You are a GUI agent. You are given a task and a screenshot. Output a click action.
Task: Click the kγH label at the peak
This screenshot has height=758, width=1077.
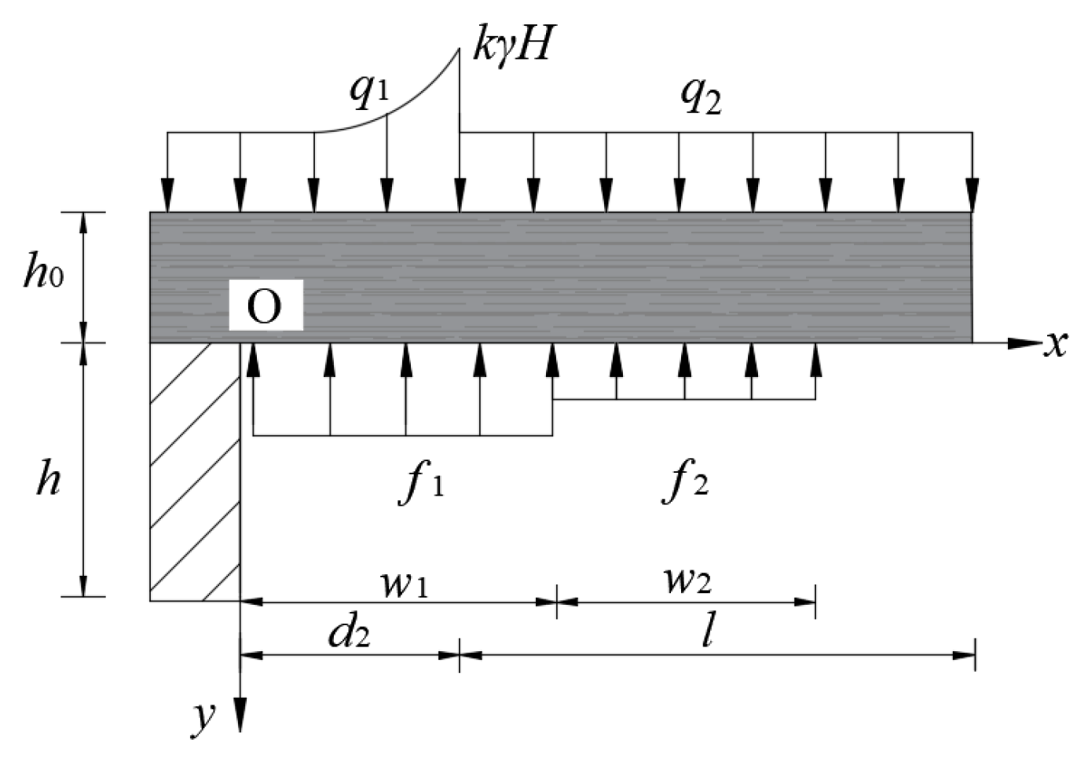[513, 45]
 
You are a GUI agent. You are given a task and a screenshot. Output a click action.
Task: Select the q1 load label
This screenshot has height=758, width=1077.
[369, 91]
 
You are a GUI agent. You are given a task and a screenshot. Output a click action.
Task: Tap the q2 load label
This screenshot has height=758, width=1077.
[700, 97]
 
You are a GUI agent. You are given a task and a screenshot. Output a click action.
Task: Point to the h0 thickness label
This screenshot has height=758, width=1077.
[43, 273]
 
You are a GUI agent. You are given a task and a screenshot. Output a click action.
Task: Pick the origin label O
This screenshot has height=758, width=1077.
[265, 306]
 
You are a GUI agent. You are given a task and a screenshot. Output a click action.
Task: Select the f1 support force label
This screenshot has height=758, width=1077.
[422, 482]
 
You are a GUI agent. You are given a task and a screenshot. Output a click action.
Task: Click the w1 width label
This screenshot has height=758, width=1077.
[404, 582]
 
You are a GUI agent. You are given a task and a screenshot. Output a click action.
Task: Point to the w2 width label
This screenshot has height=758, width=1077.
[687, 579]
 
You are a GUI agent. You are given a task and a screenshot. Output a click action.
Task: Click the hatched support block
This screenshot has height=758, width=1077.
[195, 471]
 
